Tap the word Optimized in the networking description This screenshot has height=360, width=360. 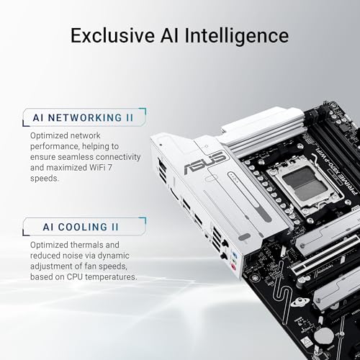click(50, 135)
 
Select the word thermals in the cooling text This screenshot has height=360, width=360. click(98, 226)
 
